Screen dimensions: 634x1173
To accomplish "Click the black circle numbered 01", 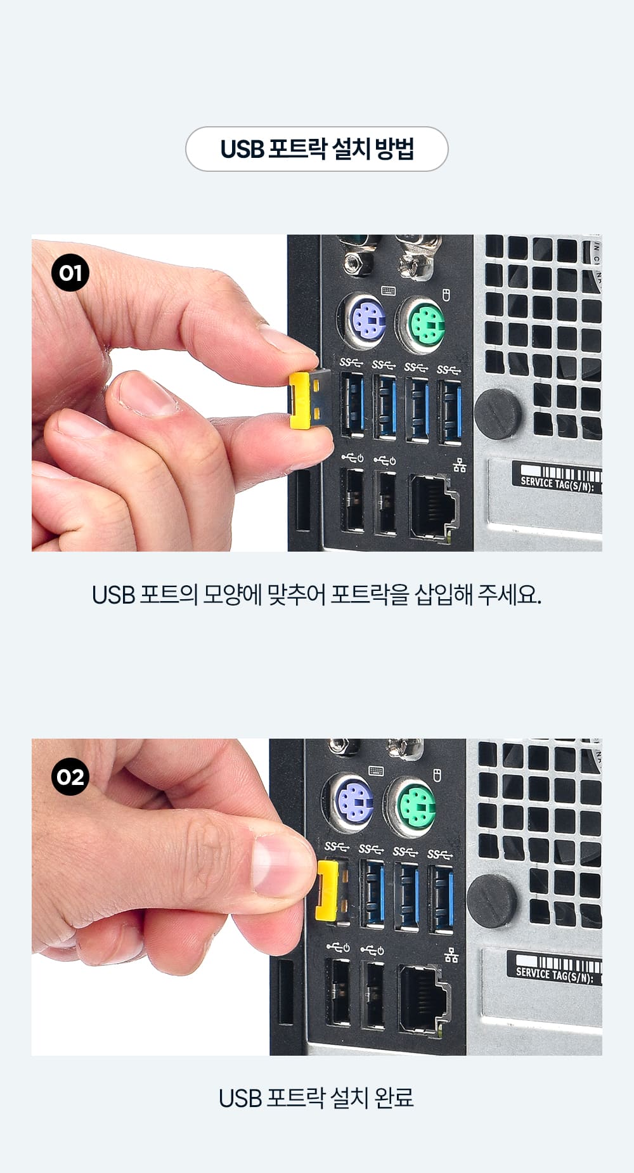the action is (70, 273).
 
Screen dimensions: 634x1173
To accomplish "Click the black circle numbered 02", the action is (70, 777).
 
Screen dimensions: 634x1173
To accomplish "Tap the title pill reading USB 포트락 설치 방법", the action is (317, 149).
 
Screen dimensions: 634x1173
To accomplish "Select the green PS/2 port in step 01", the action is (420, 325).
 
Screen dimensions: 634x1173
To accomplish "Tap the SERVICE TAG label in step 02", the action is (556, 967).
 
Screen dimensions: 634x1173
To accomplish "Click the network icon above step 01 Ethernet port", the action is (460, 466).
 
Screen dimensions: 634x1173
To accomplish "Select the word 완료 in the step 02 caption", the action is (394, 1098).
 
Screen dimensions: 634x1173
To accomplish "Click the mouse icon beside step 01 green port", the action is (446, 294).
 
